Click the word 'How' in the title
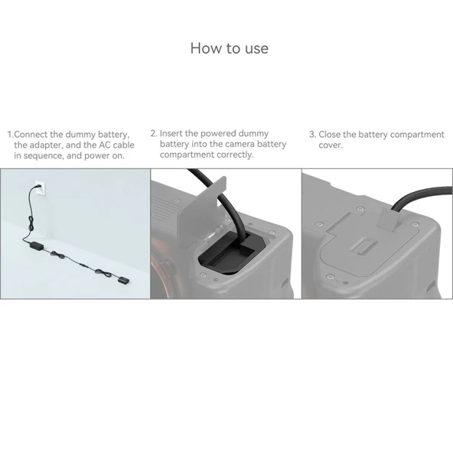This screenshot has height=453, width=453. tap(204, 48)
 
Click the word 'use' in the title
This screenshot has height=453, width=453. tap(256, 48)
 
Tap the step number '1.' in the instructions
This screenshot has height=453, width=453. tap(11, 135)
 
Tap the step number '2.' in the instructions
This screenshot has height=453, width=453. tap(154, 133)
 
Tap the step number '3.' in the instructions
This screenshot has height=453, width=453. tap(312, 135)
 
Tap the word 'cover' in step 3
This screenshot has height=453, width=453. tap(330, 145)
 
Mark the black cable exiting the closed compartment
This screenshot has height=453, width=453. tap(418, 195)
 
